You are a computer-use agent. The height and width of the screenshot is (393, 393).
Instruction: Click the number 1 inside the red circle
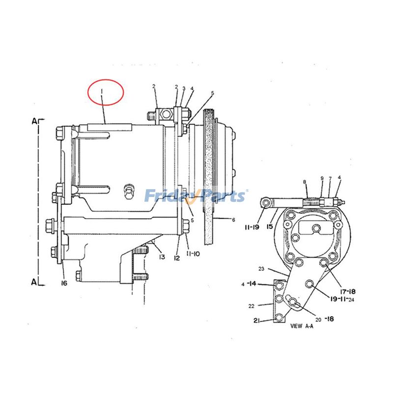tap(102, 92)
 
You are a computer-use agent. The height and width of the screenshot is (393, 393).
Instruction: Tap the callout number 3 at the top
tap(184, 88)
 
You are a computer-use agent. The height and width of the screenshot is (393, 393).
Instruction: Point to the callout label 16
tap(64, 283)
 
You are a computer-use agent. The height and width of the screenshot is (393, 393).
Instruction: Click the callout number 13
tap(161, 257)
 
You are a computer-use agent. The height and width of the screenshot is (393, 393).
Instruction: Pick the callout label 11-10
tap(193, 254)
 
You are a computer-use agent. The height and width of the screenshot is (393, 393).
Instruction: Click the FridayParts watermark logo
tap(196, 196)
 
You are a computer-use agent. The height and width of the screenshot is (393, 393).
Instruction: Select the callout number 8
tap(305, 182)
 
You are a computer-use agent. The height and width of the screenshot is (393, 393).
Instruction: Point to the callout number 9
tap(322, 178)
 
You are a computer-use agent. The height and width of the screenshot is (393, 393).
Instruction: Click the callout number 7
tap(330, 178)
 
